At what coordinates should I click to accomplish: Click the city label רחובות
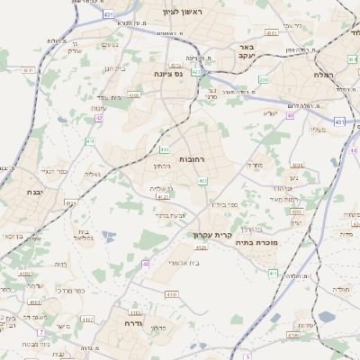pyautogui.click(x=193, y=158)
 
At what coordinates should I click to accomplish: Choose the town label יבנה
pyautogui.click(x=34, y=193)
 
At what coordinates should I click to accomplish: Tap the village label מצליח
pyautogui.click(x=318, y=130)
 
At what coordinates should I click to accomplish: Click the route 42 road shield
pyautogui.click(x=99, y=117)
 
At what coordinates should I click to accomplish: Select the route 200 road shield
pyautogui.click(x=263, y=80)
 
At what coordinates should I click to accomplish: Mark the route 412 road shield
pyautogui.click(x=203, y=182)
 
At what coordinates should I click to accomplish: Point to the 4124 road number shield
pyautogui.click(x=163, y=195)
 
